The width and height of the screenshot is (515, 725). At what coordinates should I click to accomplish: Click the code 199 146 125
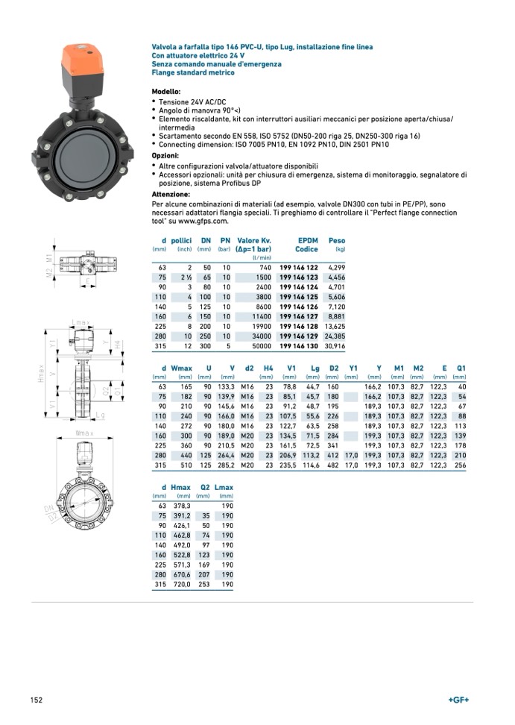pos(298,297)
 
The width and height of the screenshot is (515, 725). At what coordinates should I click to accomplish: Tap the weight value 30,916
pos(335,345)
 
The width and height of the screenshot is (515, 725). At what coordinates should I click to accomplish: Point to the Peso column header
pos(337,240)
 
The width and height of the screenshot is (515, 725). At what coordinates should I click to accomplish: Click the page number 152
pos(36,700)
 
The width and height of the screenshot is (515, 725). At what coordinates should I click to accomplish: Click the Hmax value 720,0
pos(181,585)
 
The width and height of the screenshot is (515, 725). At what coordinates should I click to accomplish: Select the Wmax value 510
pos(184,465)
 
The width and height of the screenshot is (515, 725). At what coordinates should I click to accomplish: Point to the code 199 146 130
pos(298,345)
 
